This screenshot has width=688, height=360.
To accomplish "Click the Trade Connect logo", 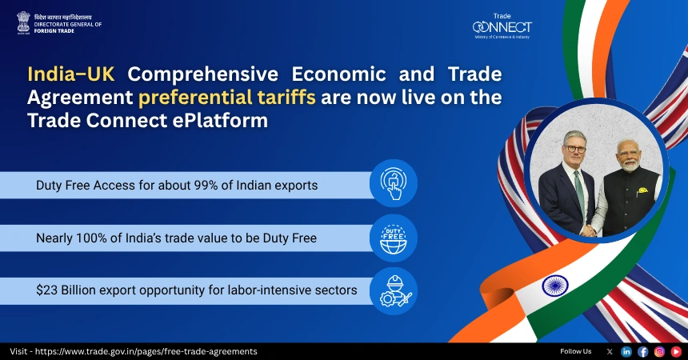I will coord(502,27).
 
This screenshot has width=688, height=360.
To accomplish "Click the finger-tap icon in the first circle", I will coord(393,184).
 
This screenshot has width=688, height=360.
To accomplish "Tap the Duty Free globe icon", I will coord(393,238).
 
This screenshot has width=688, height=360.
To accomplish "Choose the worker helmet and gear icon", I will coord(393,291).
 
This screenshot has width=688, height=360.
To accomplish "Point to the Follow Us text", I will coord(576,351).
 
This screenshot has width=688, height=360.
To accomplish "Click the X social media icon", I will coord(610,351).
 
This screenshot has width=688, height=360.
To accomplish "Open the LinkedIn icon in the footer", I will coord(626,351).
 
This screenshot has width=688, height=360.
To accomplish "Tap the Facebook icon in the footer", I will coord(643,351).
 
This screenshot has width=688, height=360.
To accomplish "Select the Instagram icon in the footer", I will coord(660,351).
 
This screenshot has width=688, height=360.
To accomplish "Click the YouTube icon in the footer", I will coord(676,351).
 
